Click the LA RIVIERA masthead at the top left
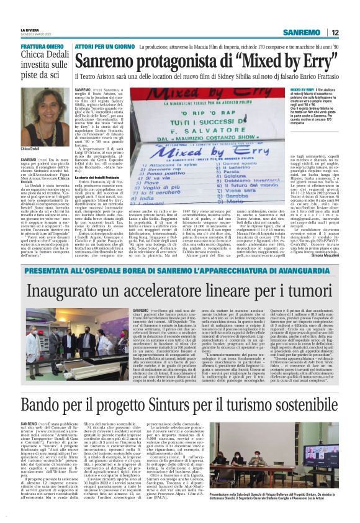pos(29,29)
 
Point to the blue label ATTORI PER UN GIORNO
pos(104,47)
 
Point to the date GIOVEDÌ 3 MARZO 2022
pos(30,34)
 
